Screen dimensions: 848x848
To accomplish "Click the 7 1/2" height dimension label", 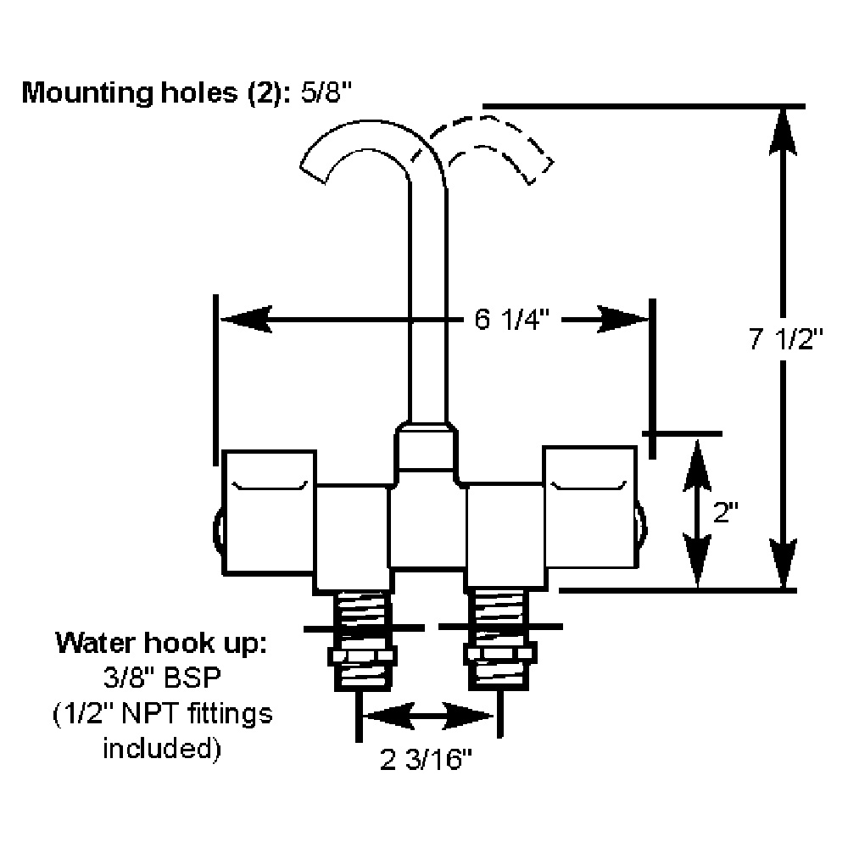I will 786,340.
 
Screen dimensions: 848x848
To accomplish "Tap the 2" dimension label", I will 727,511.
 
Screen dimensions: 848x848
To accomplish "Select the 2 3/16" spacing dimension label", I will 426,761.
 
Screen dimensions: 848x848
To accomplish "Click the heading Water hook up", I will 161,642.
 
